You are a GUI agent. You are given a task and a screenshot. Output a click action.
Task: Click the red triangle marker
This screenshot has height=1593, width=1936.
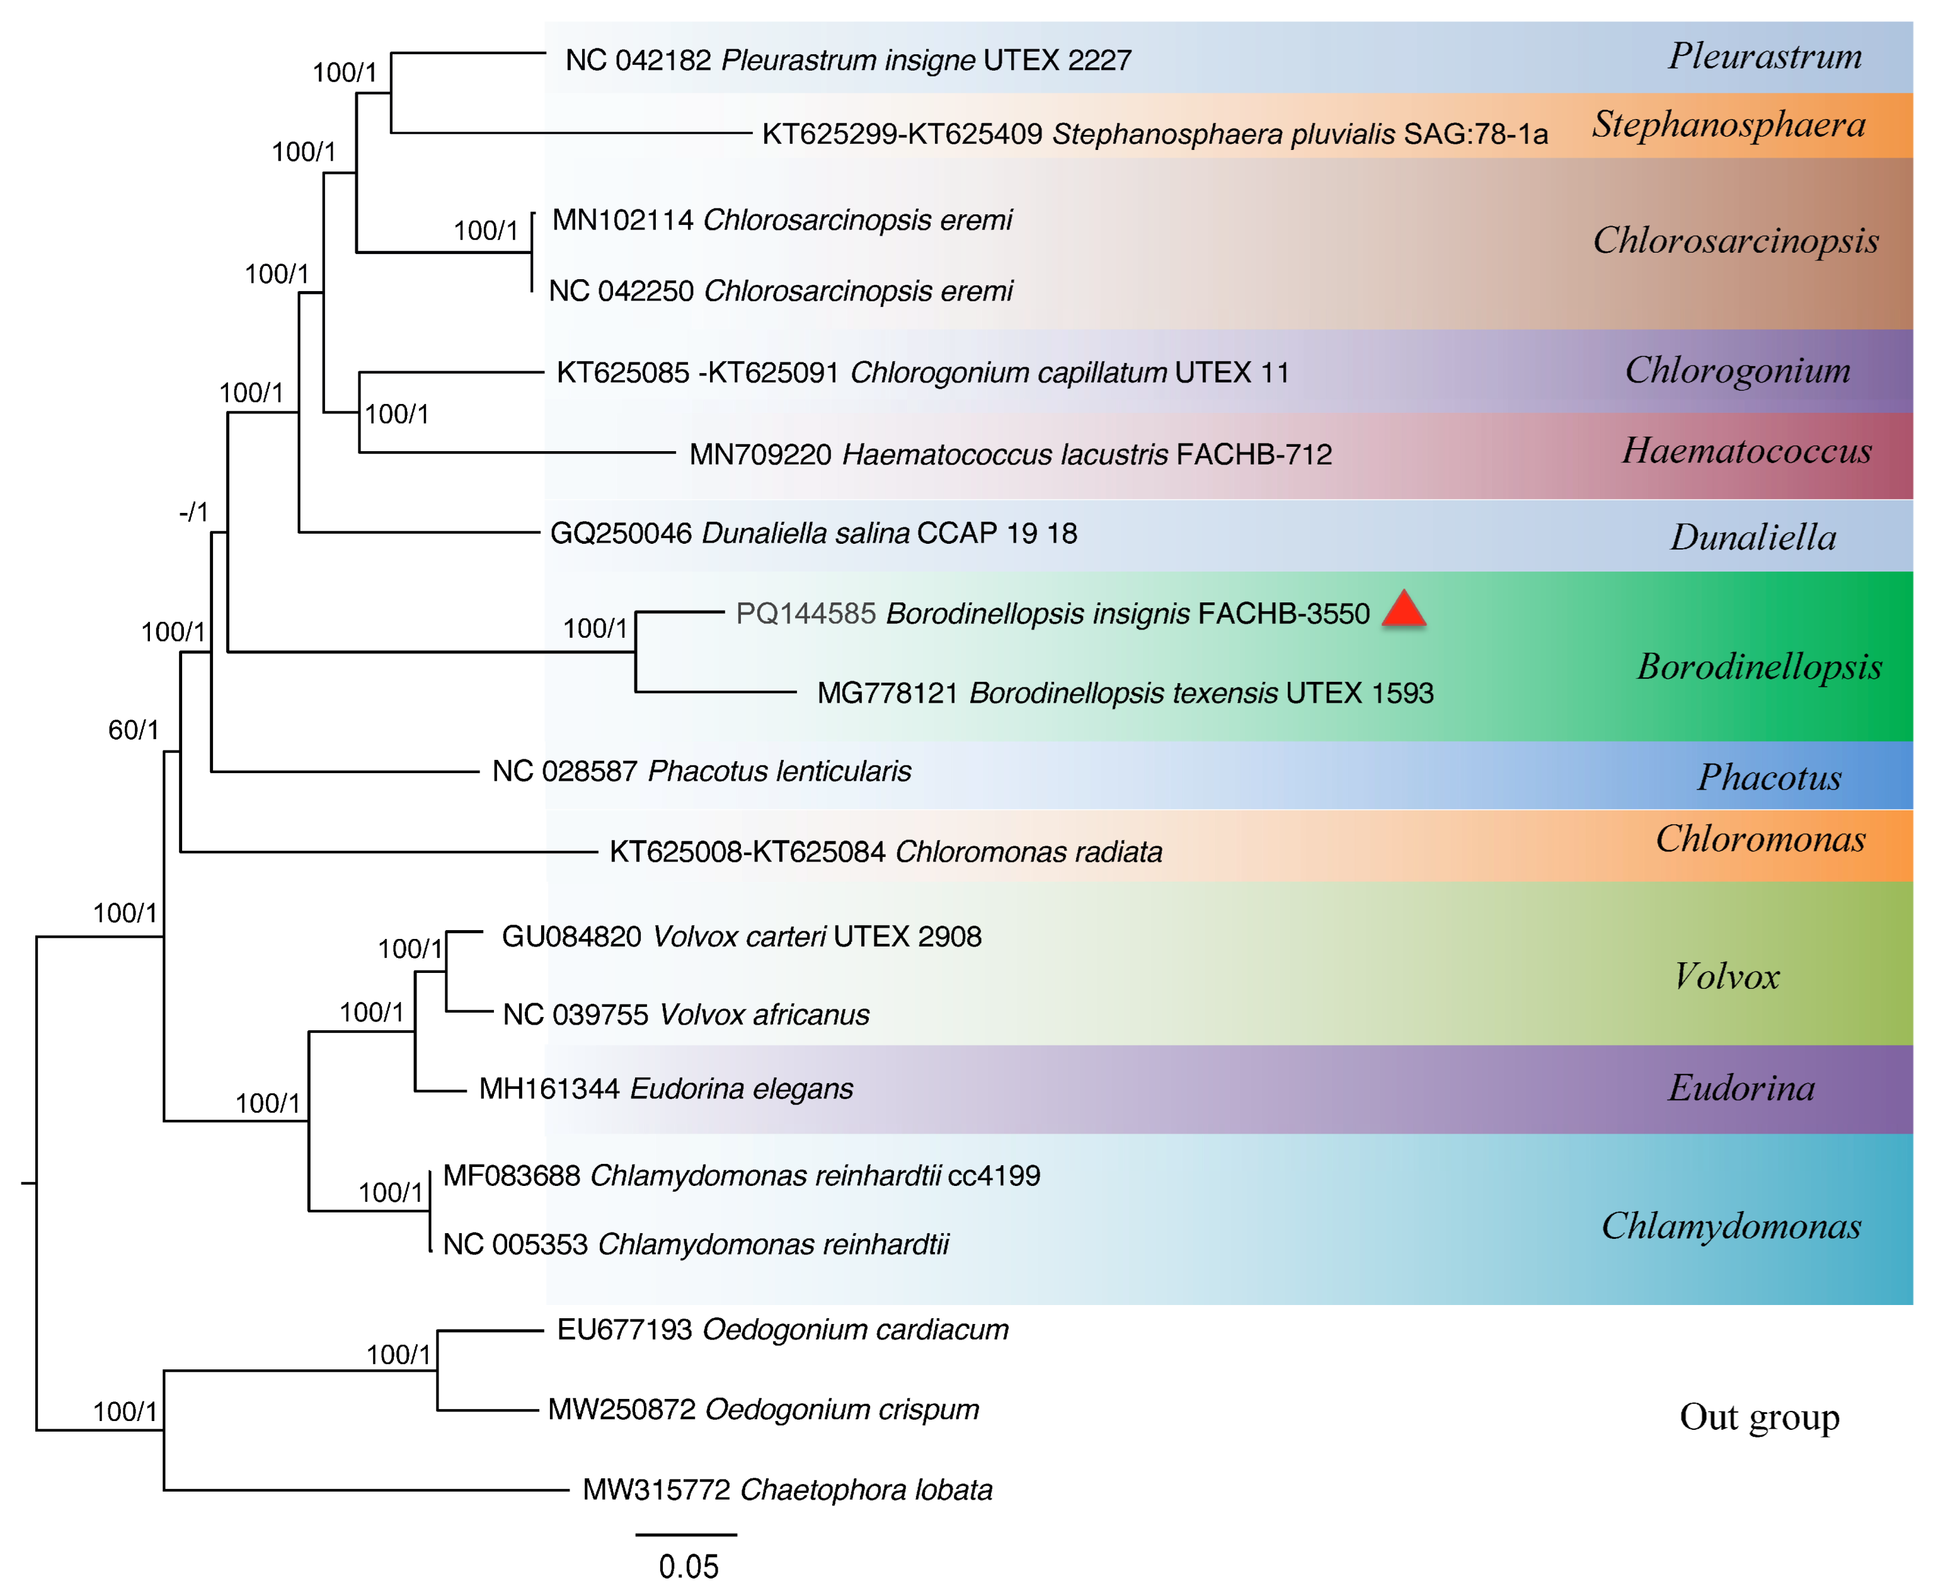(1403, 610)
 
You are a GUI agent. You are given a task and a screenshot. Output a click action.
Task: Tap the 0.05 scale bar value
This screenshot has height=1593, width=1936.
(688, 1565)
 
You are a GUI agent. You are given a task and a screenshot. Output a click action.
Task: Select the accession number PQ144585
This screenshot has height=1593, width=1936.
(806, 613)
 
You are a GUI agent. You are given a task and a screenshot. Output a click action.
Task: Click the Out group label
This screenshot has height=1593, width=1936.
(1759, 1417)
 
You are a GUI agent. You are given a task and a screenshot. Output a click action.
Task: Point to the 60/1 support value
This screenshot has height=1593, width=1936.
(133, 730)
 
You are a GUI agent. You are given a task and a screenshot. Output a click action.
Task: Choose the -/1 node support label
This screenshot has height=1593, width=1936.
(193, 512)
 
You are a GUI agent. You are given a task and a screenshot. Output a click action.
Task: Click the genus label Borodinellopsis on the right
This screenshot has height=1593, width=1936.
(1759, 666)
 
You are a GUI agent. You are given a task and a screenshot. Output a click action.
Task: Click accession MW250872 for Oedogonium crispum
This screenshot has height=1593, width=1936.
(621, 1408)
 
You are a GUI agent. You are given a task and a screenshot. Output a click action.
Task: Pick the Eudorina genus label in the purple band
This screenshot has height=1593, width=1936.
(1741, 1088)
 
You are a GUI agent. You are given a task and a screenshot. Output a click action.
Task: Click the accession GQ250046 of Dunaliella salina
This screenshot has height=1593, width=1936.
(621, 533)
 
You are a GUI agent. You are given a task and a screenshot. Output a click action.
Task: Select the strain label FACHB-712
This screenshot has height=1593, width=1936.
(1253, 454)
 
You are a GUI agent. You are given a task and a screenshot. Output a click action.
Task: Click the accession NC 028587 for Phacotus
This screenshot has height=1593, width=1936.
(564, 771)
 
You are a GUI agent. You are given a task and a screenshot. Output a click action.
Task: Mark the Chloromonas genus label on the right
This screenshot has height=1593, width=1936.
(1760, 839)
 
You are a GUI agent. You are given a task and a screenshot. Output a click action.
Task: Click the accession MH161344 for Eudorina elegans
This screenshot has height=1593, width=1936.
(549, 1088)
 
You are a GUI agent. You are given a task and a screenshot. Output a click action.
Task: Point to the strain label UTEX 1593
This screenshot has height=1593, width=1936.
(1359, 693)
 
